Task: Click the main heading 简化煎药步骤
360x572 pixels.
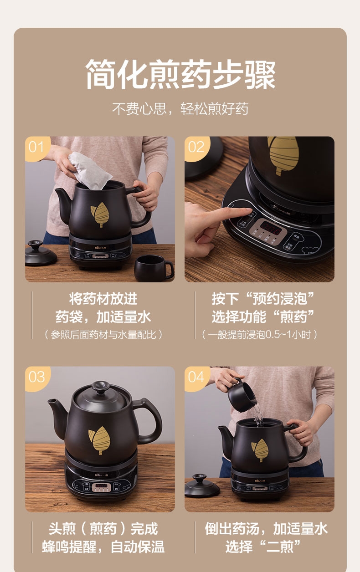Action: [x=180, y=74]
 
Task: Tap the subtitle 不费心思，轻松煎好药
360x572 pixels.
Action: [x=180, y=109]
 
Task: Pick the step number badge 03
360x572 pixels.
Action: [x=36, y=377]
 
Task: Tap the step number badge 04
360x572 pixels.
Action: [x=195, y=377]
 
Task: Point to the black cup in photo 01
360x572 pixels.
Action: [x=153, y=267]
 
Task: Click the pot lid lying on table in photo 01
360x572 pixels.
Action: [x=41, y=254]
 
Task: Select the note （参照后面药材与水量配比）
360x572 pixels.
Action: [x=103, y=335]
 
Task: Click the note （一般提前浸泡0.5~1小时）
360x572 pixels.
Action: [x=259, y=335]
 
